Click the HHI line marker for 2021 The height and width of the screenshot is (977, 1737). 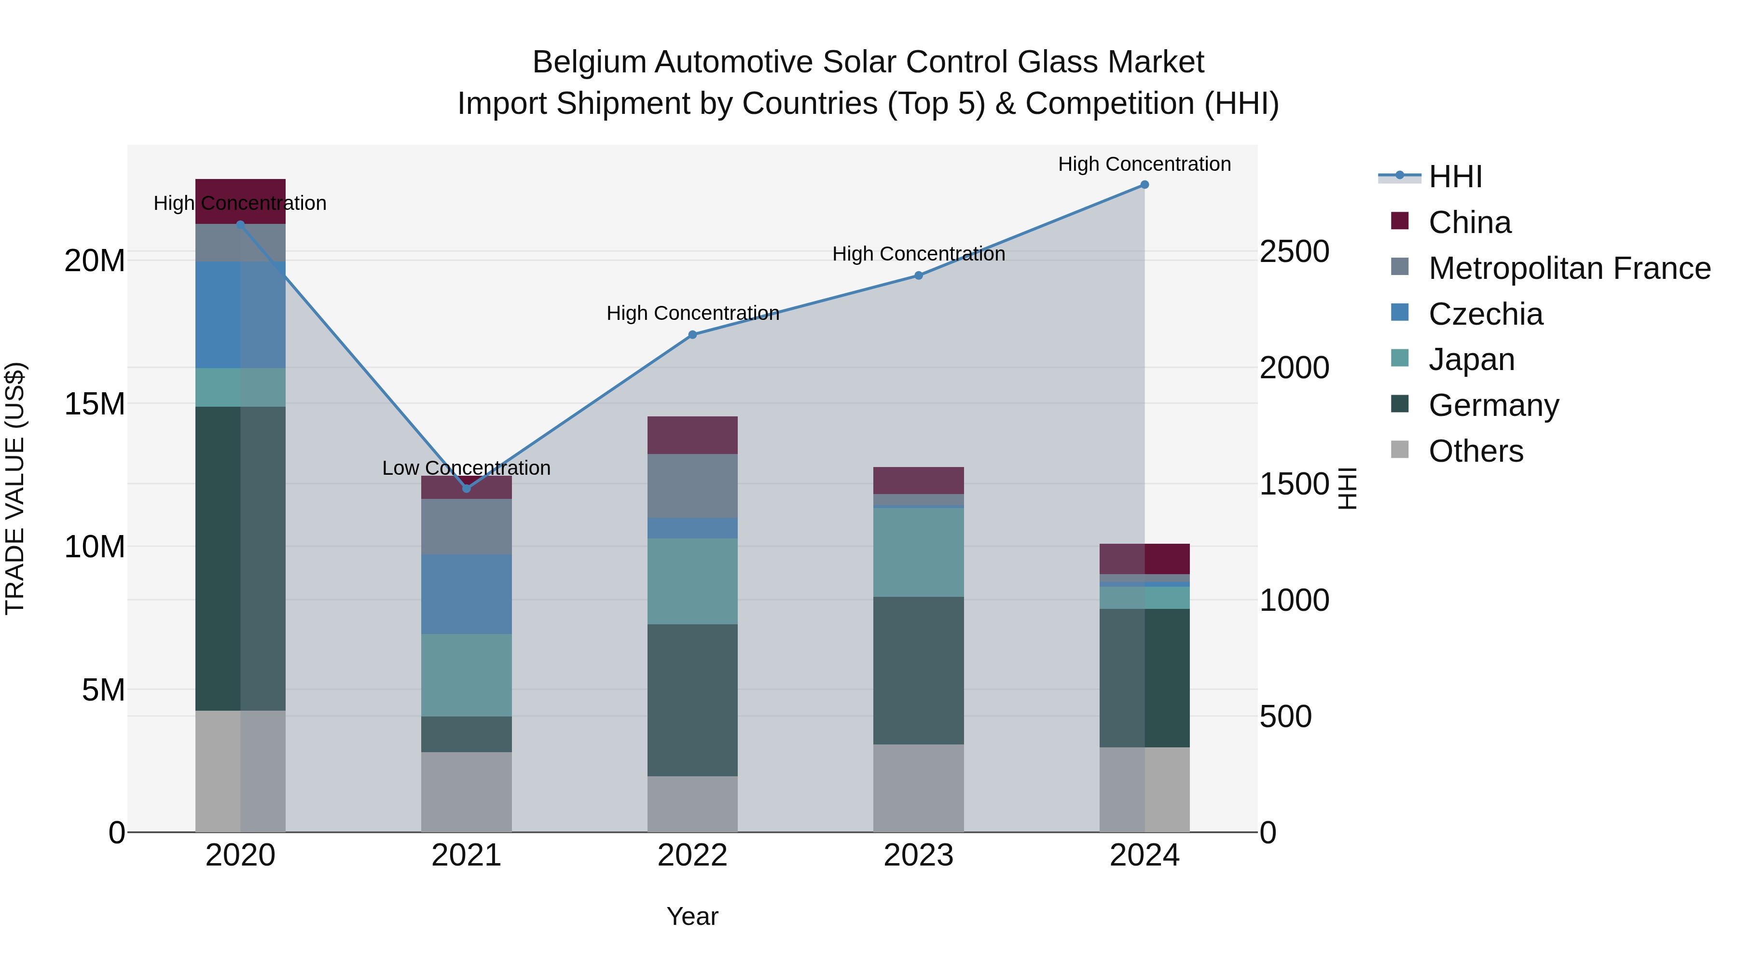(x=466, y=488)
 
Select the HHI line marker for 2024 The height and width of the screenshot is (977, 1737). (x=1144, y=185)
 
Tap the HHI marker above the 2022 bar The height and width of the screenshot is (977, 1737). (x=692, y=334)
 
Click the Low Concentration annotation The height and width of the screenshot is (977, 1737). (x=466, y=468)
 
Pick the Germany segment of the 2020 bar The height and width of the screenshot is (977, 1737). (x=240, y=558)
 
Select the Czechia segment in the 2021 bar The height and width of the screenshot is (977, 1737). (x=466, y=594)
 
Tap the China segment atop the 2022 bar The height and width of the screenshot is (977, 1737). (x=692, y=435)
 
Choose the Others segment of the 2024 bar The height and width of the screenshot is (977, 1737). (x=1144, y=789)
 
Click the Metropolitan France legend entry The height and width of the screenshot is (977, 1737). (x=1569, y=268)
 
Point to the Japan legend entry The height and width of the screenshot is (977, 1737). (x=1471, y=359)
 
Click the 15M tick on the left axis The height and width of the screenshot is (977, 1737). (x=95, y=404)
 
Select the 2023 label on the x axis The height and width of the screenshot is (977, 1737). (x=918, y=855)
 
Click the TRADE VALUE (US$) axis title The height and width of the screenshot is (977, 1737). (x=15, y=488)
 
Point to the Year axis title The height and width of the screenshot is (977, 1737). (x=692, y=916)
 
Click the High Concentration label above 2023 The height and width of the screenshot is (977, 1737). (x=918, y=254)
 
